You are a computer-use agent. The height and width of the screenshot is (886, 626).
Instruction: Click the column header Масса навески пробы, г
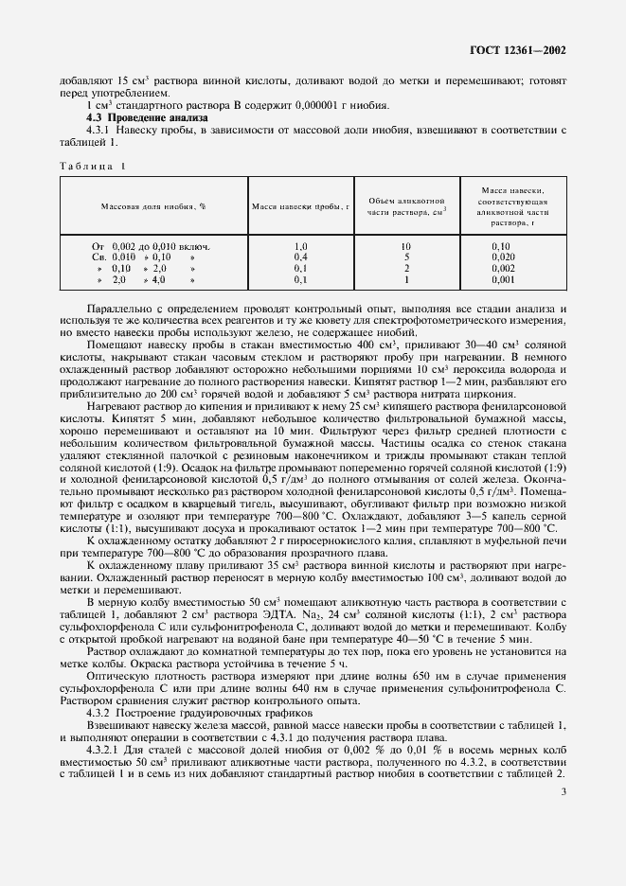coord(301,206)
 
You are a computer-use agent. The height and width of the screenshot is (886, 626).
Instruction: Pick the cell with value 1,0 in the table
coord(301,246)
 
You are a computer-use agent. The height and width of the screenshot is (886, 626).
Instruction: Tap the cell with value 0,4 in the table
coord(301,257)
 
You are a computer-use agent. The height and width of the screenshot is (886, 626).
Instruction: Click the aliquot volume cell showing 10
coord(405,246)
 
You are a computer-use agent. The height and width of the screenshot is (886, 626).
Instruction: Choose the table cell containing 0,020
coord(502,257)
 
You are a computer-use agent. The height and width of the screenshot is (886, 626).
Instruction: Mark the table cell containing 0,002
coord(502,269)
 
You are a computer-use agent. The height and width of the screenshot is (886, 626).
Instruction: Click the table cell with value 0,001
coord(502,280)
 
